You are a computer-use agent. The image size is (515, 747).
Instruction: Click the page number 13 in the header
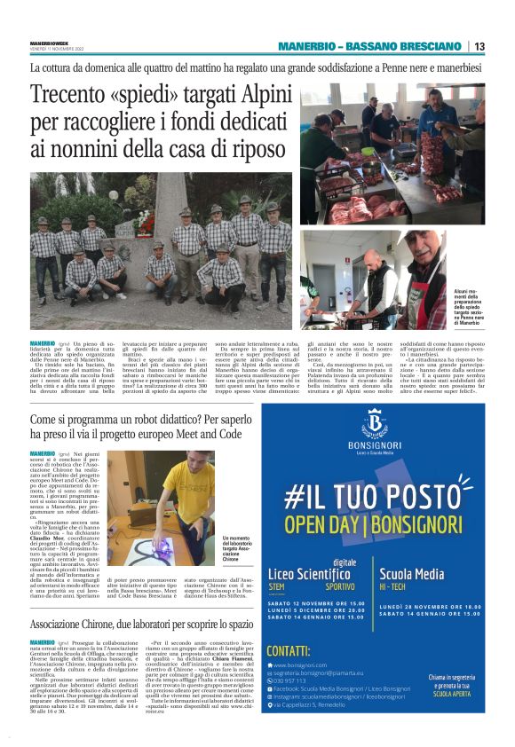[479, 46]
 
